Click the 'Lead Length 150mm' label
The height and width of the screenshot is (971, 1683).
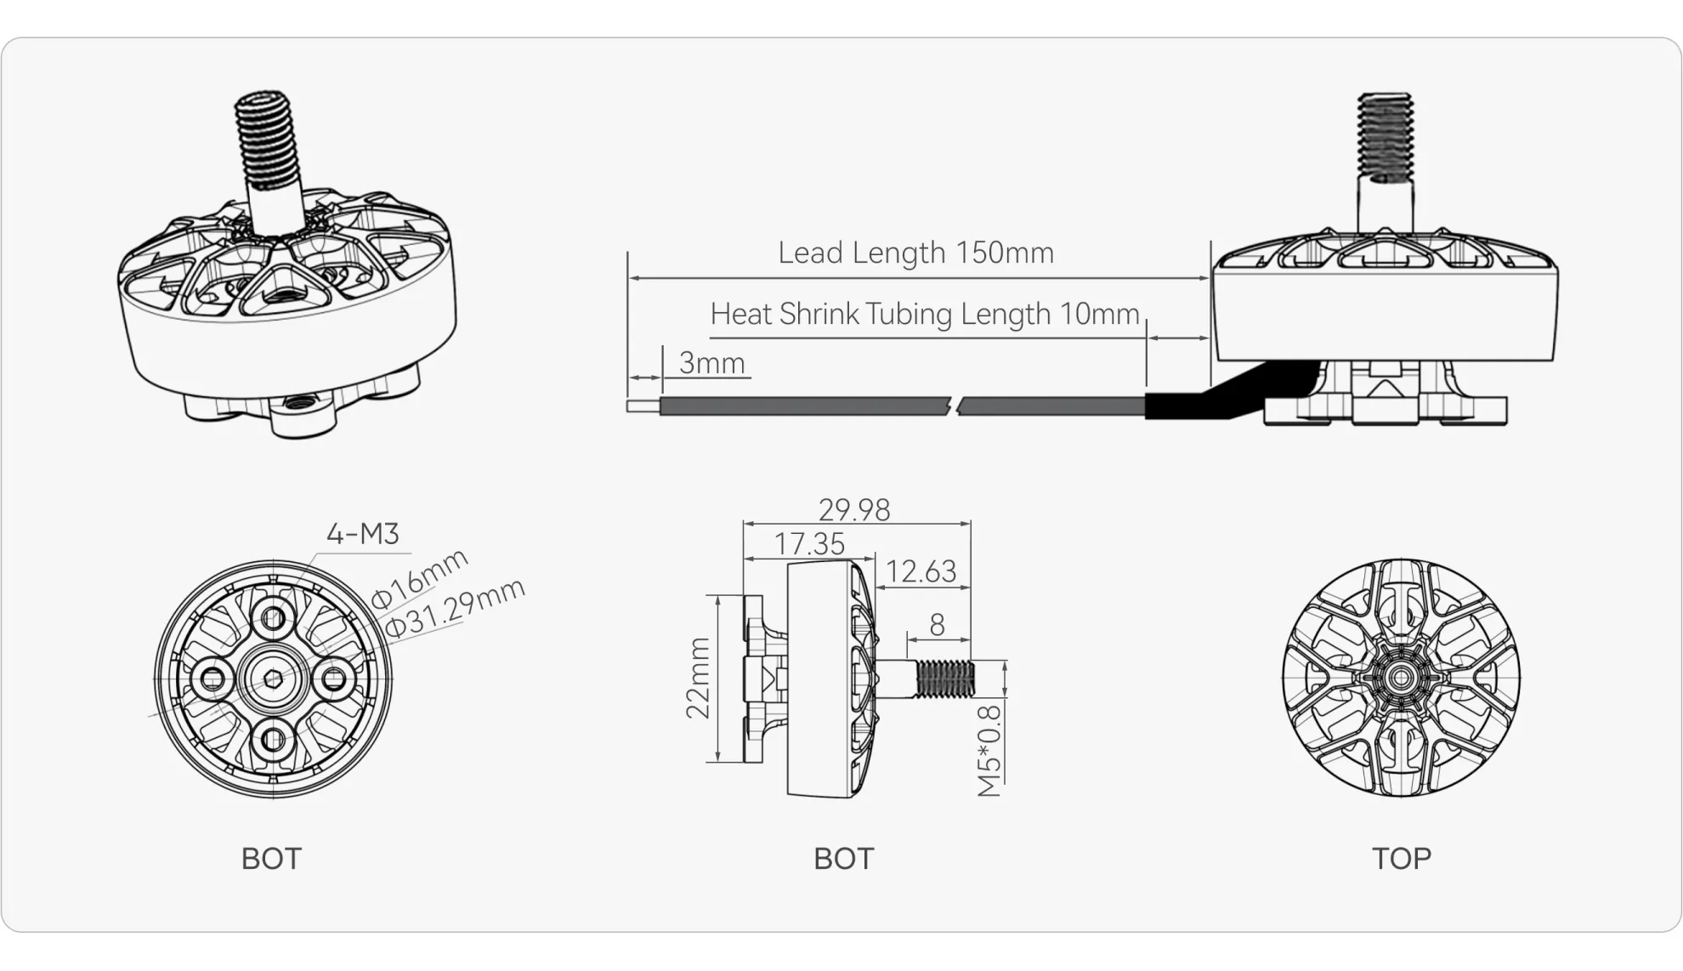(x=915, y=253)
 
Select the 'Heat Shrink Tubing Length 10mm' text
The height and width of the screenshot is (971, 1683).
(x=924, y=314)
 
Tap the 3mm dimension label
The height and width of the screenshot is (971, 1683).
(x=711, y=363)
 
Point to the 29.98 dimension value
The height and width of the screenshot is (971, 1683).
(x=853, y=509)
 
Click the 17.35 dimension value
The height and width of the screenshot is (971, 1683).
(x=809, y=543)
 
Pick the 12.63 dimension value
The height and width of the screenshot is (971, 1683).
(x=921, y=571)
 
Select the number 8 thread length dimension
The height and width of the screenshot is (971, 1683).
(x=937, y=625)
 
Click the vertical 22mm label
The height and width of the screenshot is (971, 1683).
(x=698, y=678)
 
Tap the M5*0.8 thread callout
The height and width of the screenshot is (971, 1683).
(x=989, y=750)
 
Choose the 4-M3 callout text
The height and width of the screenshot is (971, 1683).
(x=362, y=533)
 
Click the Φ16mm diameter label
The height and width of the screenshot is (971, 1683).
(x=419, y=578)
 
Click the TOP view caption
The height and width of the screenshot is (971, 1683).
(x=1401, y=859)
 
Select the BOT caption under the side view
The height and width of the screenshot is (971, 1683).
(x=843, y=859)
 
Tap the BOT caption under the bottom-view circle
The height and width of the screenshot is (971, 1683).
(x=271, y=859)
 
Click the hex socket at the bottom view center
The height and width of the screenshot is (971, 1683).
(x=274, y=679)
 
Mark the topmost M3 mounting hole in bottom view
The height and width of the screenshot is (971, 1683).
(x=274, y=617)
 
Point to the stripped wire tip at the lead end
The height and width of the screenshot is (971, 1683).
(x=643, y=406)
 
